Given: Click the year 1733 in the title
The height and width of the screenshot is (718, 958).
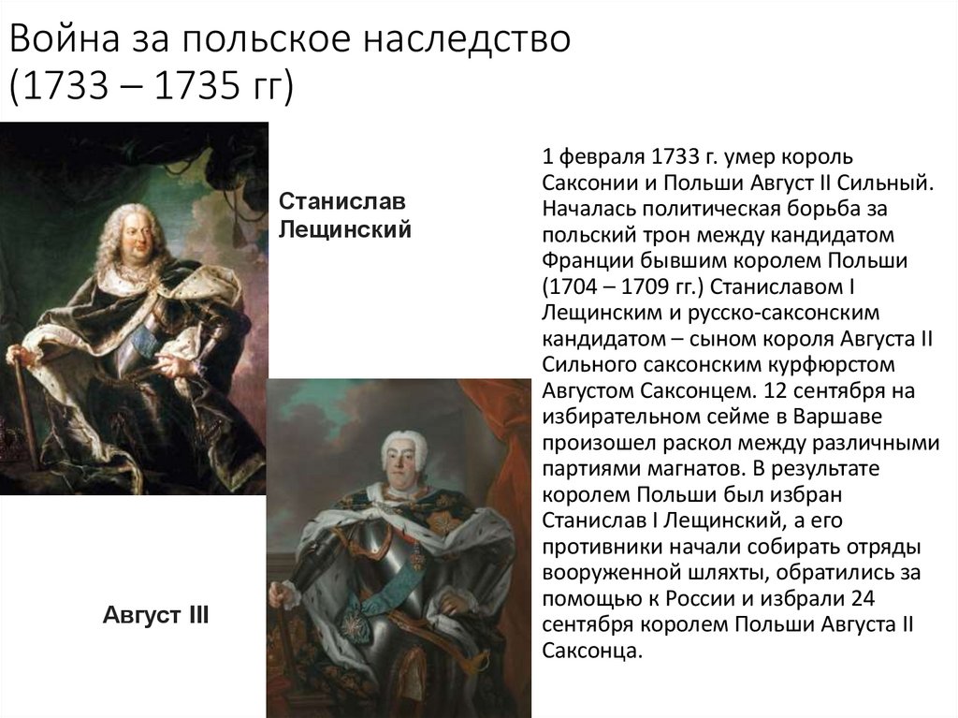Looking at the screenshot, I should [x=63, y=89].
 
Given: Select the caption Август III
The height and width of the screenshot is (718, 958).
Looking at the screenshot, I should [x=155, y=616].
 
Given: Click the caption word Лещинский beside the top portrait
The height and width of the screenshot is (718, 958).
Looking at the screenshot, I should [x=345, y=228].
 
